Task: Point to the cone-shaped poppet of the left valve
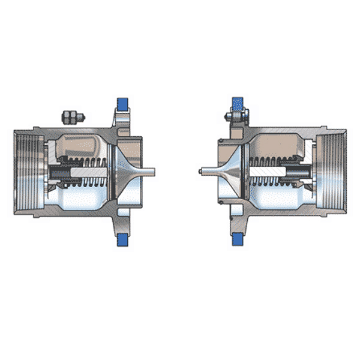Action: [x=123, y=171]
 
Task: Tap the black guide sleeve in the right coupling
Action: [x=299, y=173]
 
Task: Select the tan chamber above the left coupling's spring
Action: [x=81, y=144]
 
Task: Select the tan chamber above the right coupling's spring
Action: [x=276, y=144]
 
